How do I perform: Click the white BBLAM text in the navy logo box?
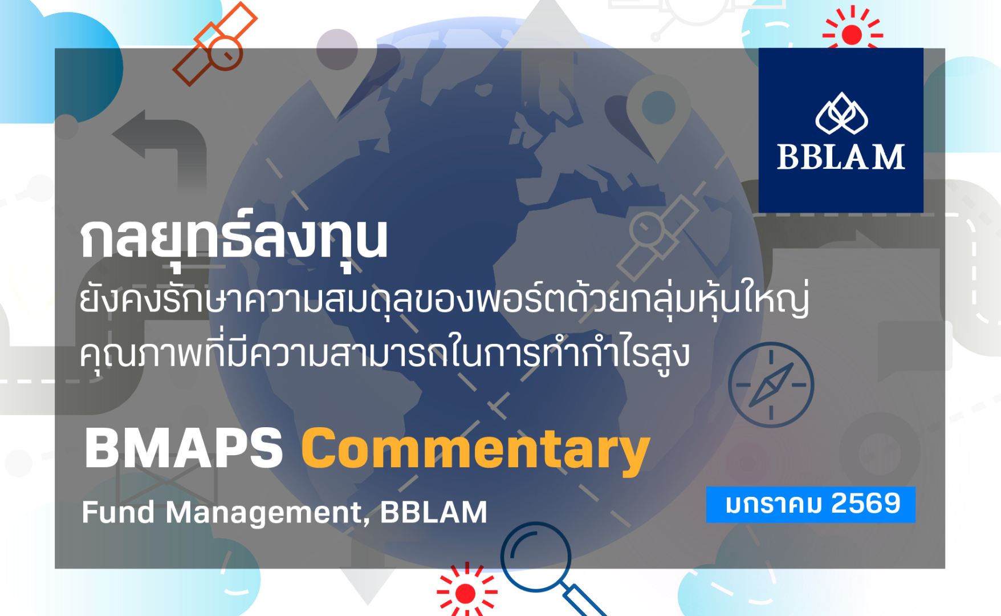tap(841, 157)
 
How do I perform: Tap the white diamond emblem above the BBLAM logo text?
tap(841, 114)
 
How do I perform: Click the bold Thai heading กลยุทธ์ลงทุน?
tap(234, 238)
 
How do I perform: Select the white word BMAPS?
tap(184, 449)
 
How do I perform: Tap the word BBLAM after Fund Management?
tap(433, 512)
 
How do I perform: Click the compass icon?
tap(771, 385)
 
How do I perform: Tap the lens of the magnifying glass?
tap(536, 557)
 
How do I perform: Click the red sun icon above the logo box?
tap(852, 34)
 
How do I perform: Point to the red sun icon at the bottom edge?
tap(466, 593)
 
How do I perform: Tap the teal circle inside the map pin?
tap(658, 107)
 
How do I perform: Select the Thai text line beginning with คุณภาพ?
tap(385, 354)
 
